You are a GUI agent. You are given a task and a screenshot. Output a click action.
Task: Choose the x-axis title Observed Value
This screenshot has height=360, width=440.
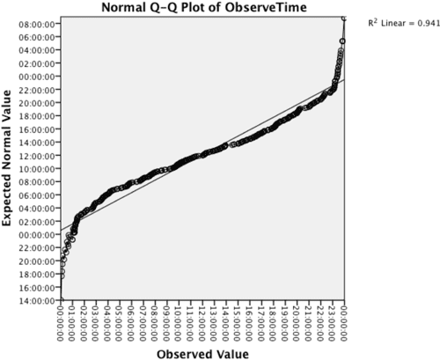(x=202, y=353)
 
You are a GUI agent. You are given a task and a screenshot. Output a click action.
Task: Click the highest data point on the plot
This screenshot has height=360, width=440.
(x=343, y=18)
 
